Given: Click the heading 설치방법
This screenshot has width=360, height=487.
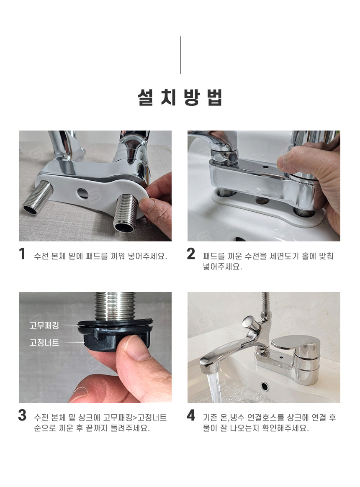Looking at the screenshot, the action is pos(180,97).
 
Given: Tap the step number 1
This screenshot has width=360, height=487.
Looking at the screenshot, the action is pos(22,254).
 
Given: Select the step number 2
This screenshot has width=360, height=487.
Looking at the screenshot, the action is pos(191,254).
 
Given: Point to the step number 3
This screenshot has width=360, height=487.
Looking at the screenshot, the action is pos(22,415).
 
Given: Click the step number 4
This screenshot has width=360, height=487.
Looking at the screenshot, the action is pos(191,415).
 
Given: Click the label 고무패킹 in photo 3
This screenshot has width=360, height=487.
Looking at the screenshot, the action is pos(44,326).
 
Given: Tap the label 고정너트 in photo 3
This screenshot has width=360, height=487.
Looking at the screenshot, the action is pos(44,343).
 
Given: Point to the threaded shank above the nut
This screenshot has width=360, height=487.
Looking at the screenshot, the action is pos(115,306).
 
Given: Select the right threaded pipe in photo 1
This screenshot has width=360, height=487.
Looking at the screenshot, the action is pos(126,213).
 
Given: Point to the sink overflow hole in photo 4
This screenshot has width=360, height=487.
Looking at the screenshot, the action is pos(265,386).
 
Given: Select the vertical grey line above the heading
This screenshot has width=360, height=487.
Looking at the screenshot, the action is pos(180,55).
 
